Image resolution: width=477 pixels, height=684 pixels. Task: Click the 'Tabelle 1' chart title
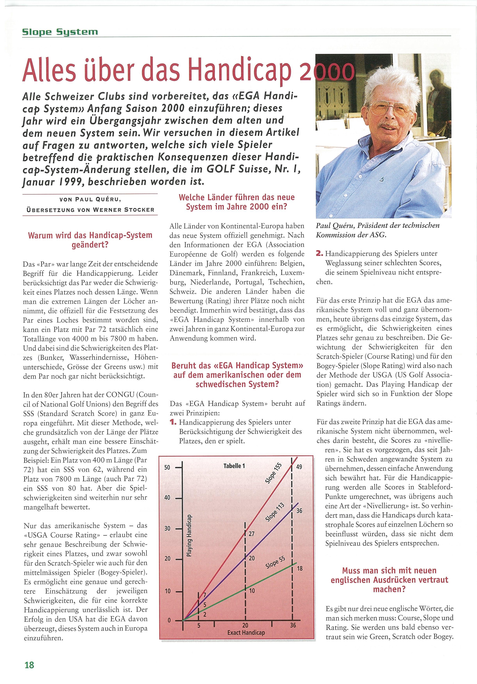click(234, 466)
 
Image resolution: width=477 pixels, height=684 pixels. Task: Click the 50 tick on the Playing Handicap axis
click(167, 467)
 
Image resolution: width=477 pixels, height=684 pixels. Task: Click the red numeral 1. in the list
click(173, 422)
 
